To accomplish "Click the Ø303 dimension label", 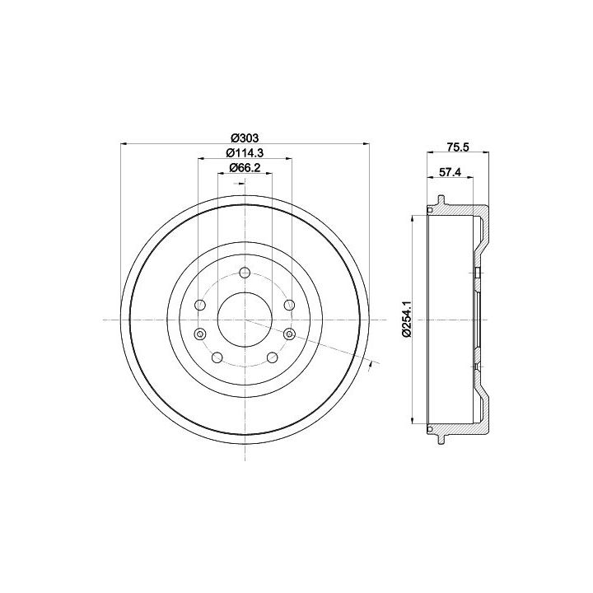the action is pos(245,138).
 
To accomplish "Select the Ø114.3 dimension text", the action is pos(245,153).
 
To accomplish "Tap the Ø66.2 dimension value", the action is pos(245,167).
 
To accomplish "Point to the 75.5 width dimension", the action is pos(458,147).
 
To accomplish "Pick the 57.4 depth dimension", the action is pos(450,172).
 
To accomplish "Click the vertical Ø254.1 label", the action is pos(407,320).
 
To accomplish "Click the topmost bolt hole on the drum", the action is pos(245,273).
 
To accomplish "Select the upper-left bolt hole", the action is pos(199,305).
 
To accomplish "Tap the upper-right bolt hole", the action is pos(290,305).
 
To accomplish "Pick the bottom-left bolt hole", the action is pos(217,357).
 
